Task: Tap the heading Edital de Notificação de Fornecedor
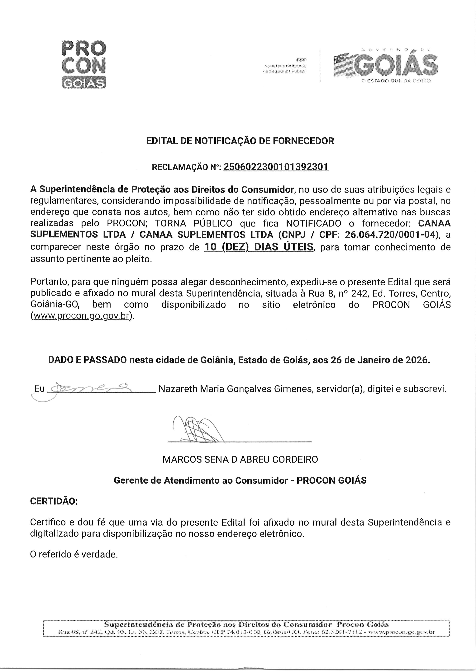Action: [240, 141]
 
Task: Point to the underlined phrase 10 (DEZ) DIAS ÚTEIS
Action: [259, 247]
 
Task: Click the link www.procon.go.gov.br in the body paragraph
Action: [82, 316]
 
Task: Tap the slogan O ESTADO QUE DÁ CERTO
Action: [396, 81]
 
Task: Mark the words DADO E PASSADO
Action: [87, 360]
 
